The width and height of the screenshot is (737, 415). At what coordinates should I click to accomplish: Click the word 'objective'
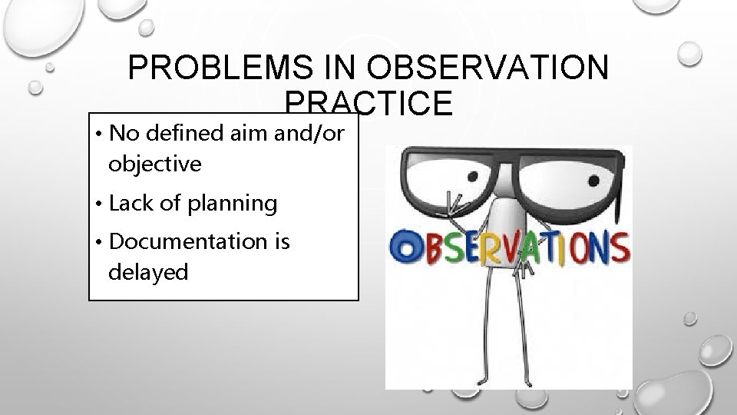click(x=155, y=163)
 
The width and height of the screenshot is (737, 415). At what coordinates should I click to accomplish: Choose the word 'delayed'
click(x=148, y=271)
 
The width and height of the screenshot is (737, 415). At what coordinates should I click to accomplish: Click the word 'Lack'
click(x=134, y=203)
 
